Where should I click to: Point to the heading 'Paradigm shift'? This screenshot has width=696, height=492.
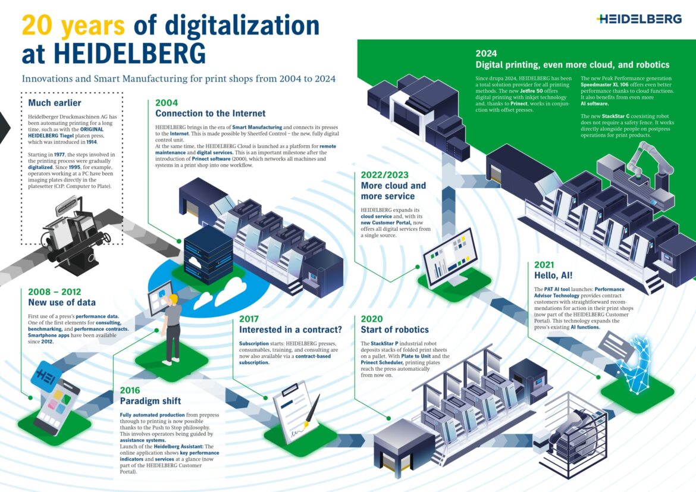pyautogui.click(x=151, y=400)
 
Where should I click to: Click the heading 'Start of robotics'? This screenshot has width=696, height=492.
pyautogui.click(x=394, y=329)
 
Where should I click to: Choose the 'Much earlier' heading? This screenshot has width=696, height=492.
pyautogui.click(x=55, y=103)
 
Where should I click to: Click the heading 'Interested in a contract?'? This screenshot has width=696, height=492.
pyautogui.click(x=290, y=329)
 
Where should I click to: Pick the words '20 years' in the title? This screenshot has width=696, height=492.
pyautogui.click(x=73, y=26)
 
